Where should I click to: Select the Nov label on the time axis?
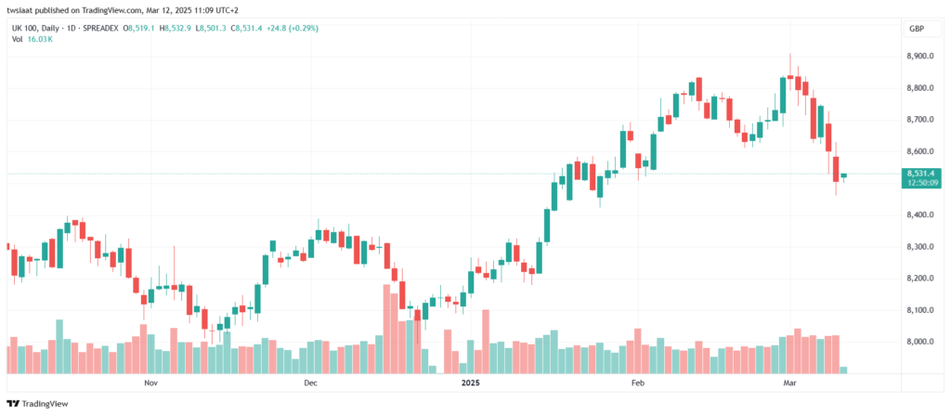point(150,383)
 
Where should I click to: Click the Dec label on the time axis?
point(310,383)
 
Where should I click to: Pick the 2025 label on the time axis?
point(471,383)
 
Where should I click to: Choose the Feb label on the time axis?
point(637,383)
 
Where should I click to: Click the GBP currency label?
point(916,30)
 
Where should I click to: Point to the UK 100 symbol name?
point(23,29)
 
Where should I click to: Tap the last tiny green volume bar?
point(843,370)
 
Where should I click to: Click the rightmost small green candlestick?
point(843,175)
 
